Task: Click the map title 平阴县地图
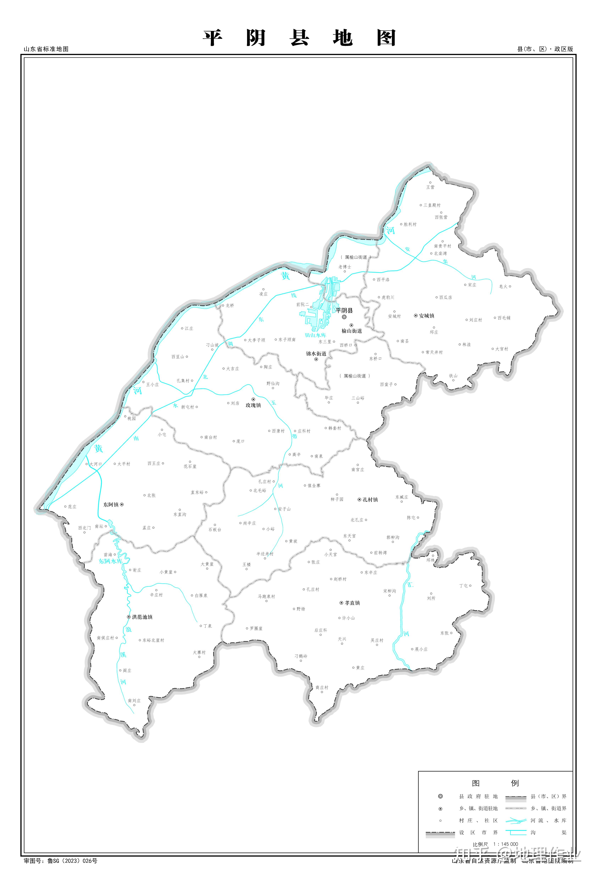click(x=299, y=38)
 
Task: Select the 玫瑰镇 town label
click(x=253, y=405)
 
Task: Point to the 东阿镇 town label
click(x=111, y=505)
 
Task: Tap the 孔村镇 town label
click(x=370, y=500)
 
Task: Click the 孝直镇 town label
click(x=352, y=603)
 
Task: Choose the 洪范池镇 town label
click(x=142, y=617)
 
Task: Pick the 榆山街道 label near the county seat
click(x=352, y=331)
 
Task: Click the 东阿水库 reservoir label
click(x=110, y=561)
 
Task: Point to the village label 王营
click(x=430, y=187)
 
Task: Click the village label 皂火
click(x=503, y=286)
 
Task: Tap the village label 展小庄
click(x=421, y=649)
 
